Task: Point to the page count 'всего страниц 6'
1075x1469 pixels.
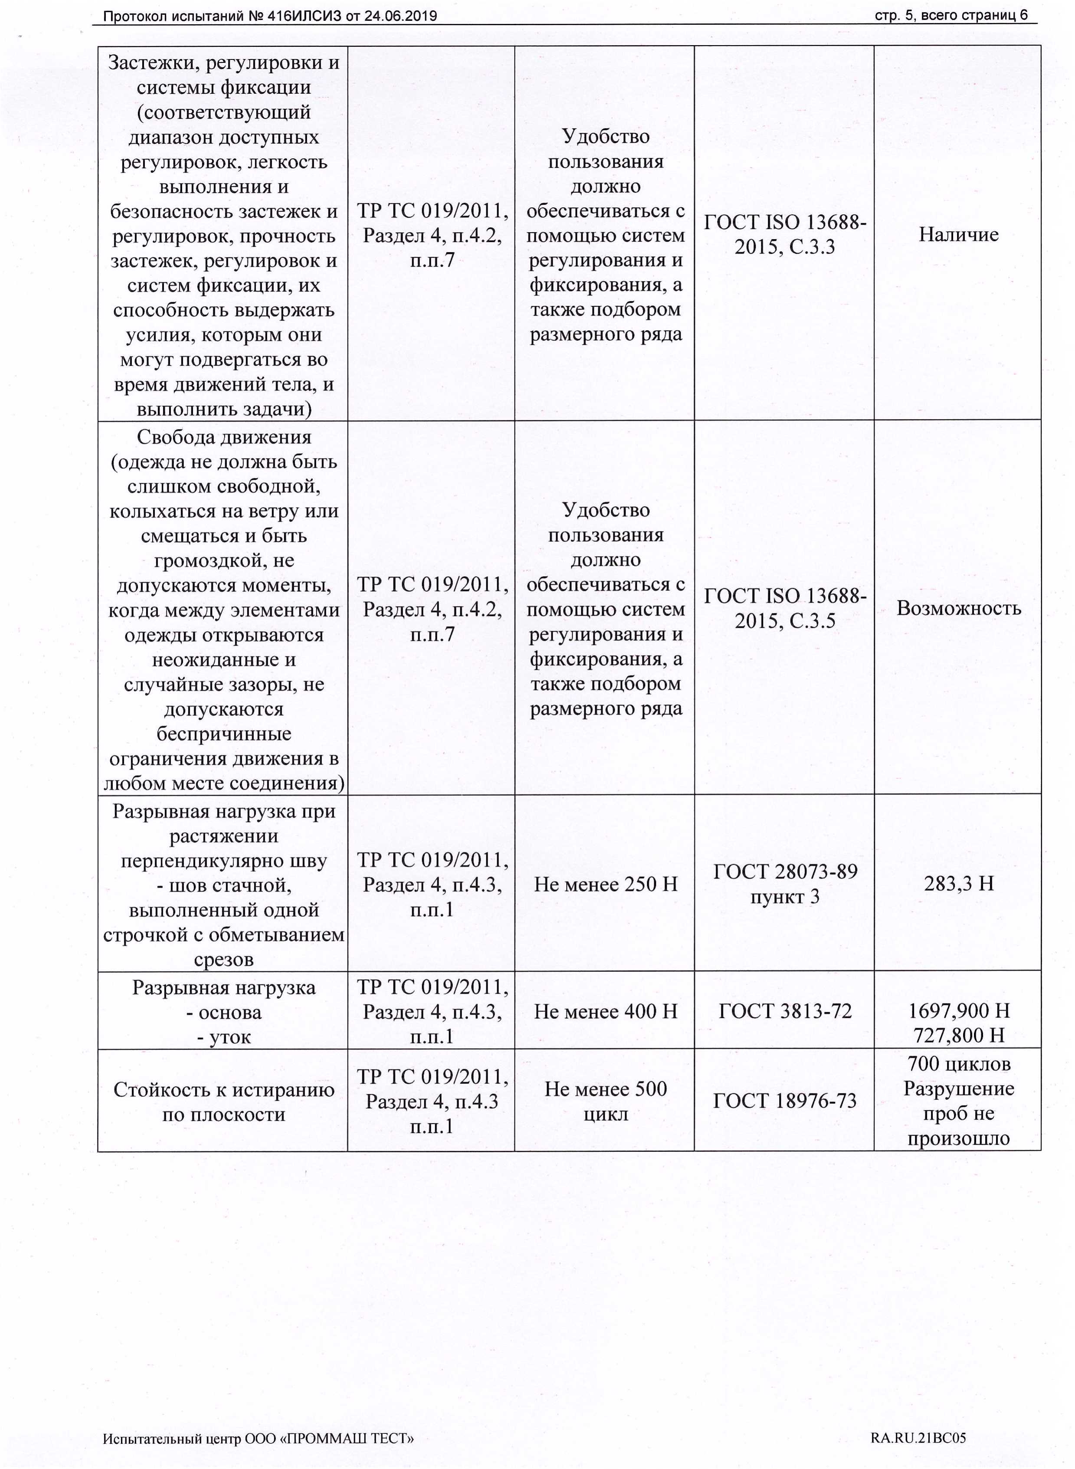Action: pos(974,16)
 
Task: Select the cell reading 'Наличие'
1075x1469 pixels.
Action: pos(958,234)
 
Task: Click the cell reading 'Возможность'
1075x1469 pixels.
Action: pos(958,608)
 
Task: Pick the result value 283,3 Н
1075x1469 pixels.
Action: pos(958,883)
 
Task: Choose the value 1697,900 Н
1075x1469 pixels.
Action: pos(958,1010)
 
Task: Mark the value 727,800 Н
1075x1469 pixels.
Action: pos(958,1035)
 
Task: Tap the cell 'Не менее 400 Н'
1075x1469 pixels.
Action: pos(605,1011)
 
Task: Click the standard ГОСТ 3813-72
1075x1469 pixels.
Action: pos(785,1011)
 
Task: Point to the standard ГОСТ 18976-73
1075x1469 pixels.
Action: pos(785,1101)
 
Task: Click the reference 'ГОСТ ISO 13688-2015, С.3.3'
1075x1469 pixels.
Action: pos(785,235)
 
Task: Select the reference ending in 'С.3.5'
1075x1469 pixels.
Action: pos(785,608)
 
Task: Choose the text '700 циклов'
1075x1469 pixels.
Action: pos(958,1064)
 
